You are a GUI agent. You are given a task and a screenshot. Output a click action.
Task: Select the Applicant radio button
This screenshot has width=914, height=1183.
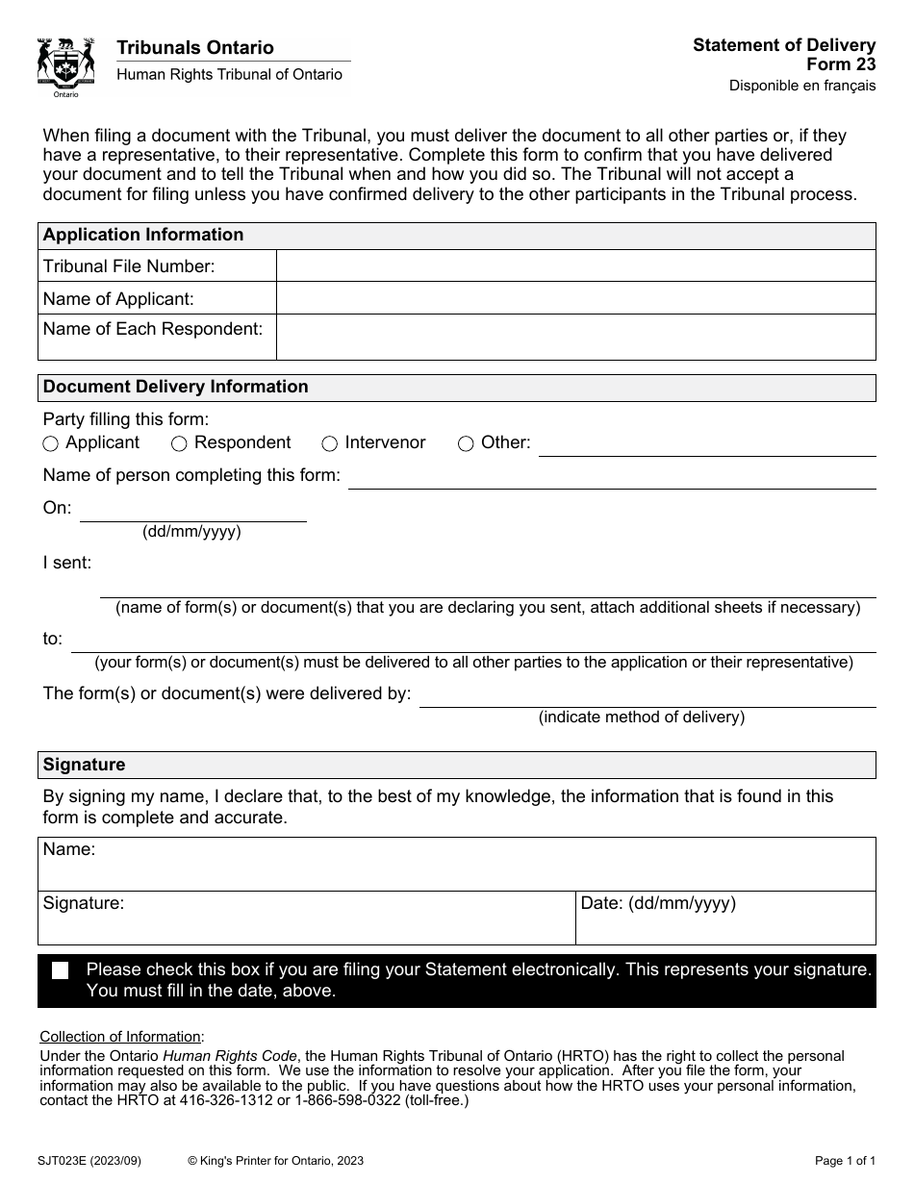pyautogui.click(x=51, y=444)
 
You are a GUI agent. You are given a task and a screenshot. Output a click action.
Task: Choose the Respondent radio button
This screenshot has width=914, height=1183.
pyautogui.click(x=179, y=444)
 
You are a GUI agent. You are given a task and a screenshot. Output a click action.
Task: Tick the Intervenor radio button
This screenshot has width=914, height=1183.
pyautogui.click(x=329, y=444)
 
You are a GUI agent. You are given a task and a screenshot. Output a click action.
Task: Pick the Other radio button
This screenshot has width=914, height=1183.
pyautogui.click(x=466, y=444)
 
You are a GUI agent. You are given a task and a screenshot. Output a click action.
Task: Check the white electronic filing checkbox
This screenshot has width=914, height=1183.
pyautogui.click(x=61, y=970)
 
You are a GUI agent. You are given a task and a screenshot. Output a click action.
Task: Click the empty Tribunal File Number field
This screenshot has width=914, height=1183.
pyautogui.click(x=575, y=266)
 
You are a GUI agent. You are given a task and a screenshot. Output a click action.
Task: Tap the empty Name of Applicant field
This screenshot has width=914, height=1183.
pyautogui.click(x=575, y=298)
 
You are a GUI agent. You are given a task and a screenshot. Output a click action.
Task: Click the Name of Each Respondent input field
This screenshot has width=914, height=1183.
pyautogui.click(x=575, y=337)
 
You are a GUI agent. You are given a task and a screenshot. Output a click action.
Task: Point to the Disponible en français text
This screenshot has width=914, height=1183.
pyautogui.click(x=801, y=86)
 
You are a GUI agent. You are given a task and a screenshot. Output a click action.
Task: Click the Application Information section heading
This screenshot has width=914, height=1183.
pyautogui.click(x=143, y=236)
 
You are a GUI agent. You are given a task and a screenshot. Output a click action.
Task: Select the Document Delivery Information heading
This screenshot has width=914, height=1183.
pyautogui.click(x=176, y=388)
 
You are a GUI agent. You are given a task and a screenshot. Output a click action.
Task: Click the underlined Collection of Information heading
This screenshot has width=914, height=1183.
pyautogui.click(x=121, y=1037)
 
